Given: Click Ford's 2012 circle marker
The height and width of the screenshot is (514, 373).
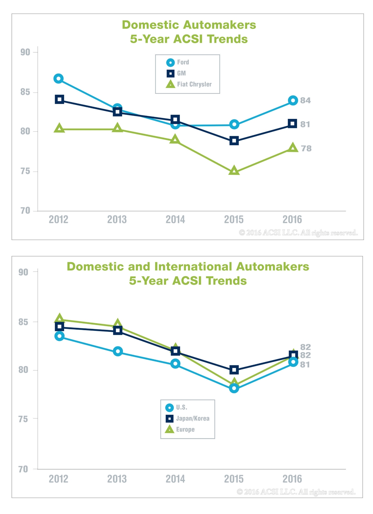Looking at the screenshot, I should point(59,79).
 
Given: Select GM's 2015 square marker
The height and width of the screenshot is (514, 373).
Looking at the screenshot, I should point(234,141).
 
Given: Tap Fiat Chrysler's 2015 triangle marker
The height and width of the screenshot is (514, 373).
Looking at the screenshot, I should point(234,171).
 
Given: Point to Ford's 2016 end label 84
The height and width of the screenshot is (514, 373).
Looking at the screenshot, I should point(305,101).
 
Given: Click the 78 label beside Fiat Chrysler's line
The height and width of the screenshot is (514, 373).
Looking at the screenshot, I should point(306,148).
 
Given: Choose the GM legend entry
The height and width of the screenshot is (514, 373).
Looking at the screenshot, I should point(176,73).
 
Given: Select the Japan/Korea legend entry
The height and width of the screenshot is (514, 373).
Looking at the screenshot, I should point(188,419).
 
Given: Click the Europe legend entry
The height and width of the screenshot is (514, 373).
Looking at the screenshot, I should point(180,430).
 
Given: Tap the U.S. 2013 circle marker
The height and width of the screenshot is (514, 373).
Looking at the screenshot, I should point(118,351).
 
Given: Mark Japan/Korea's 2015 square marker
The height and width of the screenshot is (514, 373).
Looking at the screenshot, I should point(234,370).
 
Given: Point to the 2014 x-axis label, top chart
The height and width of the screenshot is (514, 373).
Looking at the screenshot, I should point(175,220).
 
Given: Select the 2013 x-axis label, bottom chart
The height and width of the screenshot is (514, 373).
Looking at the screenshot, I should point(117,479).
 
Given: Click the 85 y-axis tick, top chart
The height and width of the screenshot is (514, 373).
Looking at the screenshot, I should point(25,92).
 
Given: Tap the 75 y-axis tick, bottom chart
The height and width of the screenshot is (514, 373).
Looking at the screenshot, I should point(23,419).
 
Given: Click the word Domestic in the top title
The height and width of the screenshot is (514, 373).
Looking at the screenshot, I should point(150,25).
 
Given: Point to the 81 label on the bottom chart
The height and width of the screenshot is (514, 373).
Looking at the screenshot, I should point(305,365).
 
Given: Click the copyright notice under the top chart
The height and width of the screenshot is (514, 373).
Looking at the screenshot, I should point(298,233).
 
